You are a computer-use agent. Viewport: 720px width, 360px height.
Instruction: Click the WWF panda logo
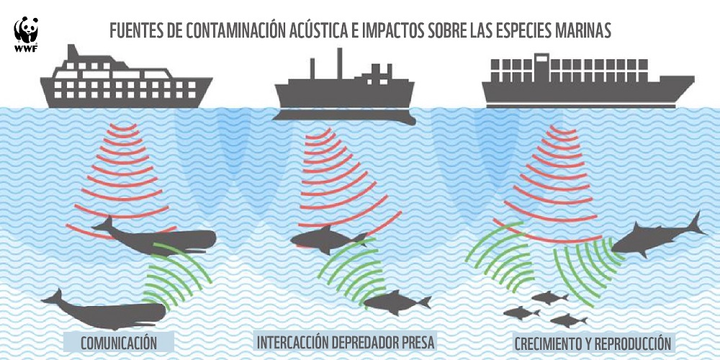pyautogui.click(x=26, y=35)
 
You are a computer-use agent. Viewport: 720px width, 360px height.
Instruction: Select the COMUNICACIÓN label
pyautogui.click(x=119, y=343)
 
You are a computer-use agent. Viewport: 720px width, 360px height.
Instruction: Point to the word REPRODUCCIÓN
pyautogui.click(x=626, y=343)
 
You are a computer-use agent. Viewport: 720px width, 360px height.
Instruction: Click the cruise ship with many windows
pyautogui.click(x=126, y=77)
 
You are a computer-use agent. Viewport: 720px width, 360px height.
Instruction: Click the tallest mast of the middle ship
pyautogui.click(x=340, y=63)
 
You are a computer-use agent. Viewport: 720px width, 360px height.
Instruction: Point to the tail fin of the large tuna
pyautogui.click(x=696, y=224)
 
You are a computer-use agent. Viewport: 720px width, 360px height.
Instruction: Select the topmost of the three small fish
pyautogui.click(x=549, y=297)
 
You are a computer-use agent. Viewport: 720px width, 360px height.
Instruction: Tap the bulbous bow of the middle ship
pyautogui.click(x=406, y=120)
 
